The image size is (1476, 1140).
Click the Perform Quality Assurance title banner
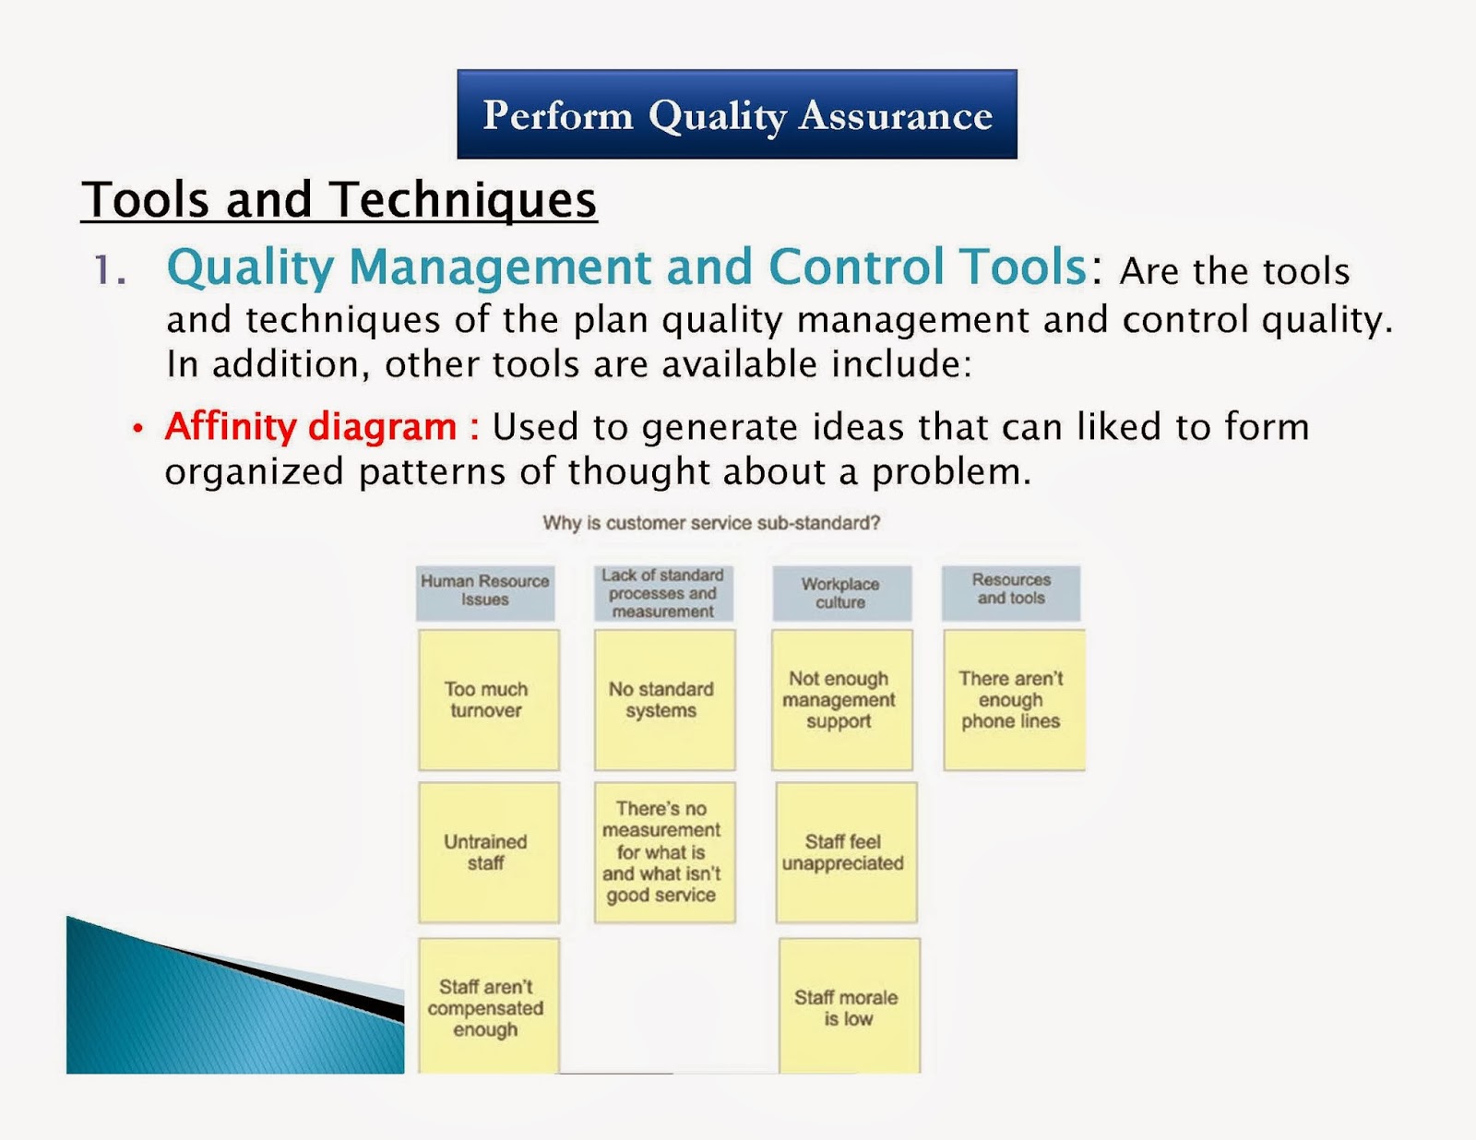[x=736, y=114]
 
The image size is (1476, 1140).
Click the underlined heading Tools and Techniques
[x=339, y=199]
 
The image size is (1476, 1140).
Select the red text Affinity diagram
[x=311, y=427]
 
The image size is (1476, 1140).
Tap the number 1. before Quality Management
[x=110, y=270]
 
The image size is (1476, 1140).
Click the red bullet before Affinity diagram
[x=138, y=429]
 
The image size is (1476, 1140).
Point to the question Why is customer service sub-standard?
[x=711, y=523]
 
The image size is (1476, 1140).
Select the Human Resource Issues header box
[x=485, y=591]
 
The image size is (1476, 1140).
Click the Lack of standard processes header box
[x=662, y=593]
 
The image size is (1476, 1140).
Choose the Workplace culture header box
[x=840, y=593]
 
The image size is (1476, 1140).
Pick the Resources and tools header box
[x=1011, y=590]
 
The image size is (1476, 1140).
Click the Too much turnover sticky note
[x=488, y=700]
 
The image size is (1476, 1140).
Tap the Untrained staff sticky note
[x=488, y=852]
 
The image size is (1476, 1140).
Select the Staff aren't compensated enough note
[x=487, y=1006]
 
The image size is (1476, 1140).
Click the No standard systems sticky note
[x=663, y=700]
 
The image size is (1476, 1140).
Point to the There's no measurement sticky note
[x=663, y=852]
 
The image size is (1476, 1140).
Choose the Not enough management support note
[x=840, y=700]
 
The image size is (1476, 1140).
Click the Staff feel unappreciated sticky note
[x=845, y=852]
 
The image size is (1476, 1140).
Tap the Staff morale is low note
[x=848, y=1006]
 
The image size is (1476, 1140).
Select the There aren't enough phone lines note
[x=1013, y=700]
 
